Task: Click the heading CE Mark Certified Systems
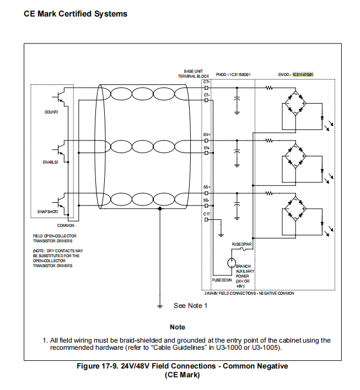point(76,14)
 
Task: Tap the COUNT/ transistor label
point(51,112)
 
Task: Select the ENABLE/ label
point(50,162)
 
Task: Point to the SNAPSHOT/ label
point(47,212)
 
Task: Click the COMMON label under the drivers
point(66,225)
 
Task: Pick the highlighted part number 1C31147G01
point(303,74)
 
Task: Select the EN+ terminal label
point(206,134)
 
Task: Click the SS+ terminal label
point(206,188)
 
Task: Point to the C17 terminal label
point(206,213)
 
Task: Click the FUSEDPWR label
point(241,243)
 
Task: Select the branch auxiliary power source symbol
point(232,263)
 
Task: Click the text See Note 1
point(190,306)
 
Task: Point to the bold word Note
point(178,327)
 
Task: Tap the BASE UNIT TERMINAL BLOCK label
point(193,74)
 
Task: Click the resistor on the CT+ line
point(270,87)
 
